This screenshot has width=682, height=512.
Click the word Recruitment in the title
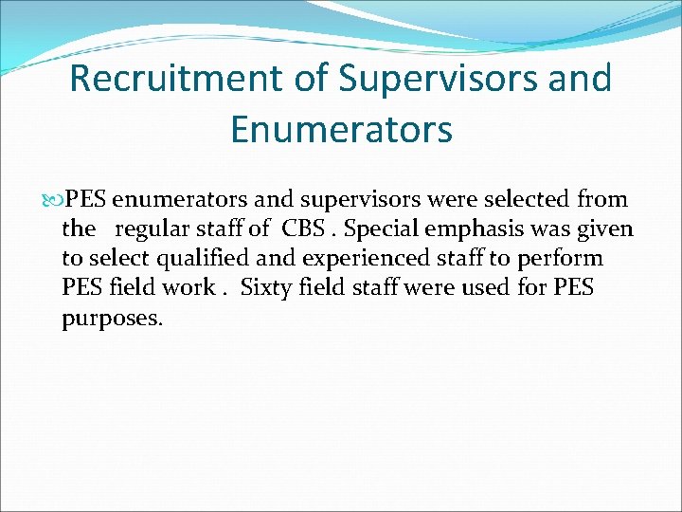pyautogui.click(x=179, y=79)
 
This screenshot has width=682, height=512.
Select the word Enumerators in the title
pyautogui.click(x=341, y=130)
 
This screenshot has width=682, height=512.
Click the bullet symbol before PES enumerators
pyautogui.click(x=53, y=200)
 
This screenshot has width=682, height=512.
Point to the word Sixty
pyautogui.click(x=266, y=287)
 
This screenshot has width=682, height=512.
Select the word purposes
pyautogui.click(x=112, y=317)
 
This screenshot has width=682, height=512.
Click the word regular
pyautogui.click(x=154, y=229)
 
